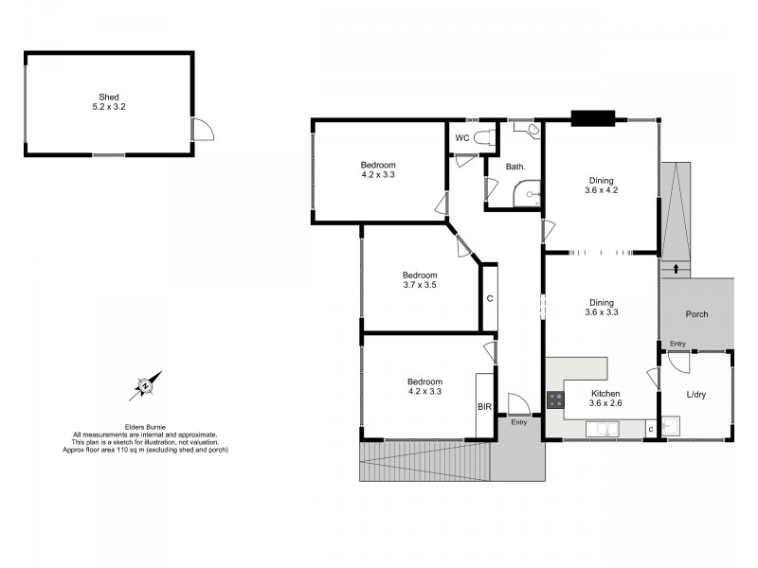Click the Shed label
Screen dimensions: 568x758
point(109,96)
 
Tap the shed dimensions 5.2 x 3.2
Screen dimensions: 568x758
point(109,107)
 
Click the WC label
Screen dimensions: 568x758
point(462,138)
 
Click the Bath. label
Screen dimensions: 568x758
point(515,167)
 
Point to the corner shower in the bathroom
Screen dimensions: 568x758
point(528,195)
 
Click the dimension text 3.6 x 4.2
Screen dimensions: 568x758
point(601,190)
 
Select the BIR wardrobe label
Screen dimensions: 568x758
point(483,406)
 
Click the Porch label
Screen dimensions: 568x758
point(696,314)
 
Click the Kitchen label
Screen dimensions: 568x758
point(605,393)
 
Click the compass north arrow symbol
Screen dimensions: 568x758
point(145,385)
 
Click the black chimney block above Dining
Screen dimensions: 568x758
point(593,119)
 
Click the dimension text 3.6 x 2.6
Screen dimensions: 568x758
point(605,404)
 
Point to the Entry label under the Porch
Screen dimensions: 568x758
point(677,344)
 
